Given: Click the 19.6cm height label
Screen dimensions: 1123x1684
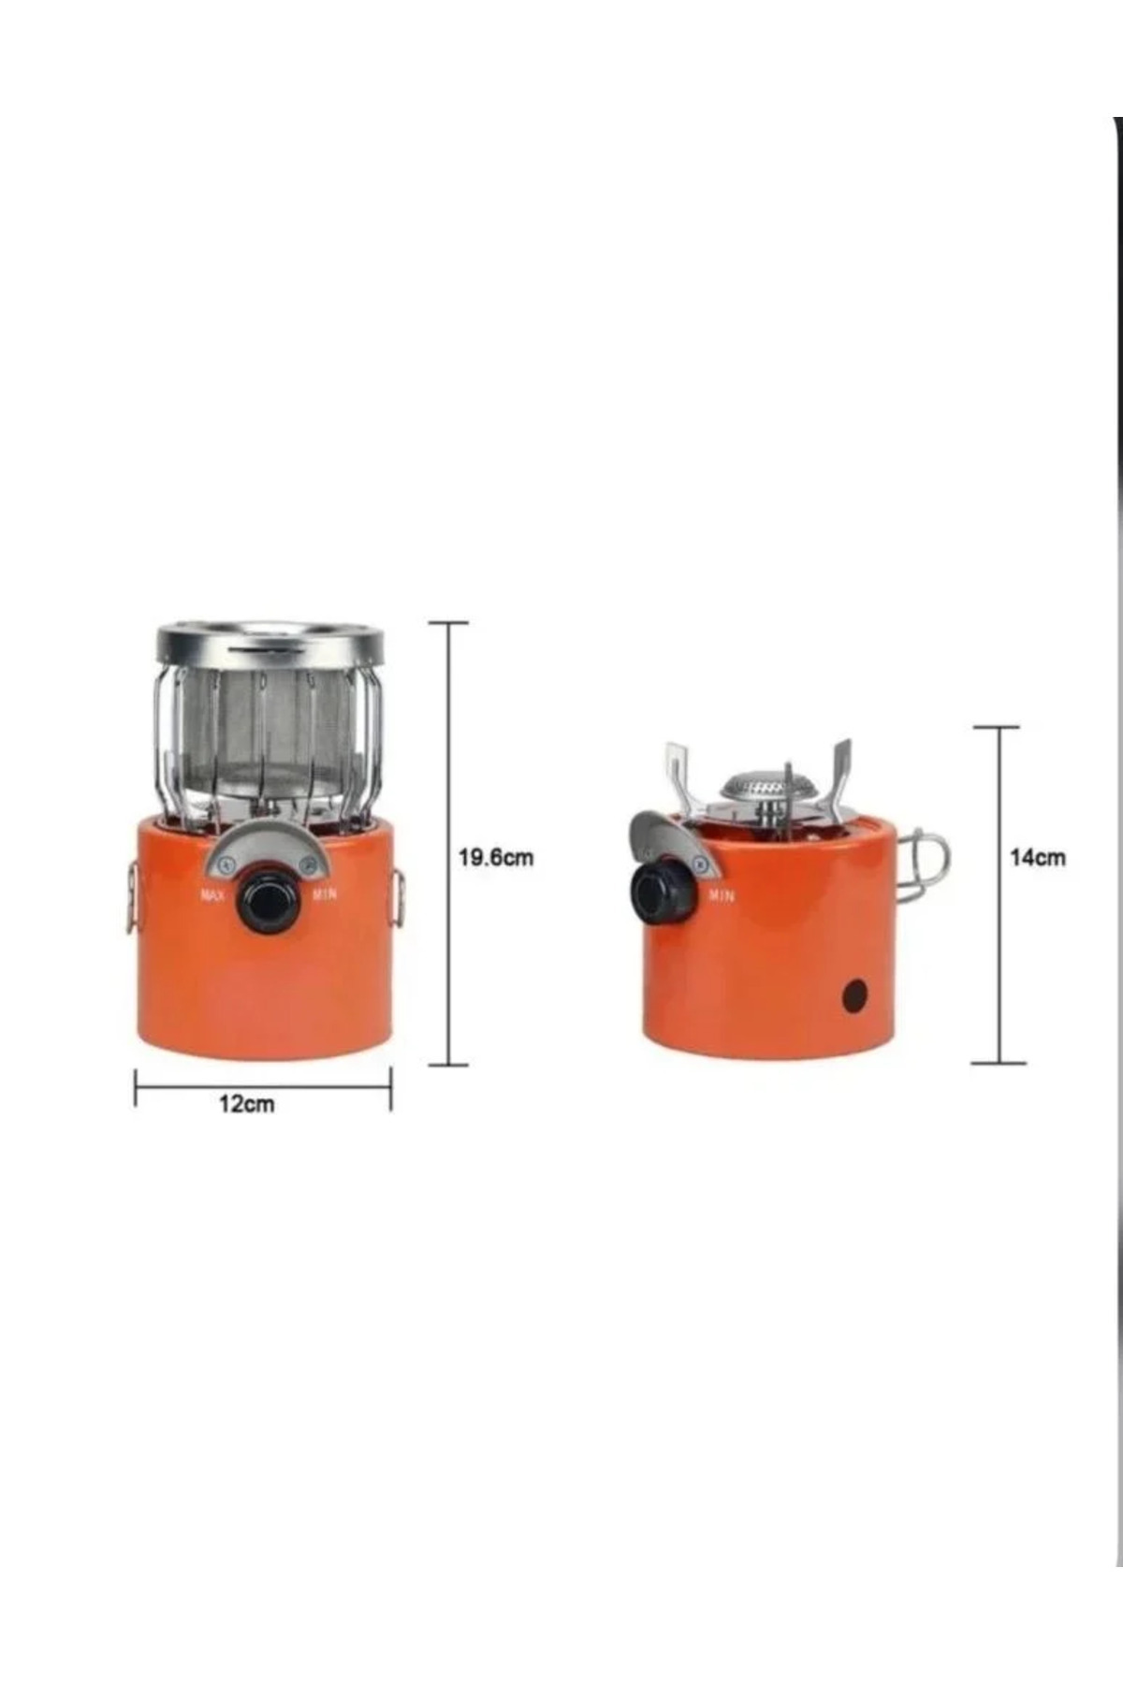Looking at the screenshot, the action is [496, 857].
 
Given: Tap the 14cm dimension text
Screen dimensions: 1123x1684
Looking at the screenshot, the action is [1037, 857].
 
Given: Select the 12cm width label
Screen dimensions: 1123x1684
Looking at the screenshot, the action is [247, 1104].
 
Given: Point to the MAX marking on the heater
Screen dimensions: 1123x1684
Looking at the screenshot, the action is [212, 895].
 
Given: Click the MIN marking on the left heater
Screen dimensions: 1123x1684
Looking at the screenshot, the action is [325, 894].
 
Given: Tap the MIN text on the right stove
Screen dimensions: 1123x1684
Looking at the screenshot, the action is [722, 895].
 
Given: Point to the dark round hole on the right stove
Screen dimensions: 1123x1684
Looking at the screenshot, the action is [853, 995].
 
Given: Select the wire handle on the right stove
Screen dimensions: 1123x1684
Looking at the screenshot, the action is [925, 865].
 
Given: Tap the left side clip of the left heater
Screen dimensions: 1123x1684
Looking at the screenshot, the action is [131, 898].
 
